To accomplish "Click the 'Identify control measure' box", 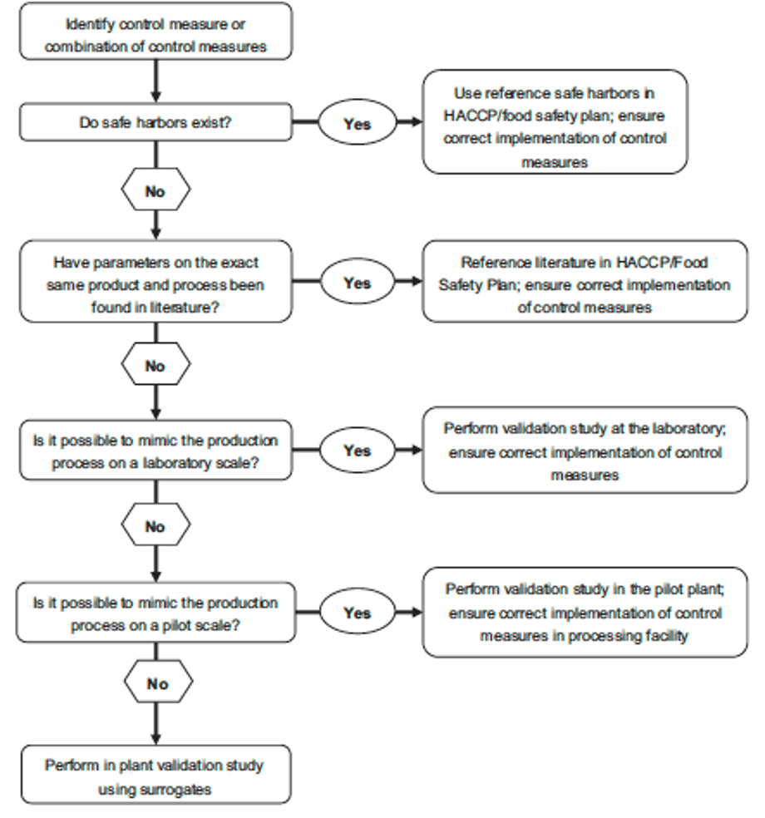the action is coord(155,32).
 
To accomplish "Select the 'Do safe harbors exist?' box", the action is coord(155,122).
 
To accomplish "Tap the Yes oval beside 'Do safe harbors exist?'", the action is coord(358,122).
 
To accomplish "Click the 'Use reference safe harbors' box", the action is coord(555,121).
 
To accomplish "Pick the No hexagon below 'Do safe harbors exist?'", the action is coord(155,190).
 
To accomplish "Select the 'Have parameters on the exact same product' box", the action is coord(155,281).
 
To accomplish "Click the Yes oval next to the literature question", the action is coord(358,281).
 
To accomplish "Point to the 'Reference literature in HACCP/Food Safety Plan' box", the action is coord(585,281).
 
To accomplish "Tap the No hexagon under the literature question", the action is coord(155,364).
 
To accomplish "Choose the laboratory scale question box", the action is coord(155,450).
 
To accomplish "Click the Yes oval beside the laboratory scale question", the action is coord(358,450).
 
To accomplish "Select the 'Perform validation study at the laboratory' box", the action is coord(585,450).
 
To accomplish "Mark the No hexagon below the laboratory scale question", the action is coord(155,525).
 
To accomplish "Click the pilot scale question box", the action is coord(155,613).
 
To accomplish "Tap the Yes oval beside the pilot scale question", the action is coord(358,612).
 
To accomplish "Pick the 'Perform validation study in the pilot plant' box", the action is coord(585,612).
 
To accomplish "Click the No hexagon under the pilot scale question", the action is coord(158,682).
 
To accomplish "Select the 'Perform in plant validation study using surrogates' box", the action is coord(155,775).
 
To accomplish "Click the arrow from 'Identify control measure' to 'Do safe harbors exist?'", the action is coord(155,81).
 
